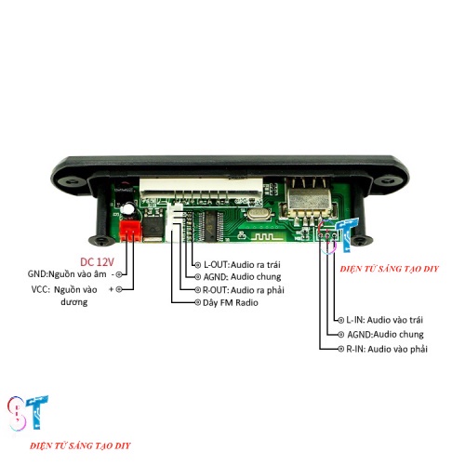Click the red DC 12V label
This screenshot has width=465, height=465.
97,262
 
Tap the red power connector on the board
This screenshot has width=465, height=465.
130,231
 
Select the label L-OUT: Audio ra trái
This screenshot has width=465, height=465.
242,264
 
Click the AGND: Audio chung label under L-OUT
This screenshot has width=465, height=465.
242,276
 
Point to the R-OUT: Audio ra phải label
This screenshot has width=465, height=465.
244,290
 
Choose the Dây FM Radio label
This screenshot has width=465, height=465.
231,302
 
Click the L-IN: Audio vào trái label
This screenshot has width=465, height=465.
384,320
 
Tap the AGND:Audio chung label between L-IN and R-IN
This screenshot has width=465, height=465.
385,335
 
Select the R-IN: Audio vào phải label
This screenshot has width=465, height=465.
387,349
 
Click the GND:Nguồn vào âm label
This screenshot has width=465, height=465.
67,274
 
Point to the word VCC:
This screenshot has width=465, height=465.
41,289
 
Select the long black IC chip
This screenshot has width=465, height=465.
211,226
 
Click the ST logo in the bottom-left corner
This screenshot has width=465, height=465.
28,413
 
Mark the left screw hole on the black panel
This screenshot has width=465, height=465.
72,180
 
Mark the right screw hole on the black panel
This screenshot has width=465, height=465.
389,180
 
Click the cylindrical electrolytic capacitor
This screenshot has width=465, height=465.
128,209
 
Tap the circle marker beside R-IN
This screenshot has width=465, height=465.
341,349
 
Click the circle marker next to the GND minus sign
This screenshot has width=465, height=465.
119,274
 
